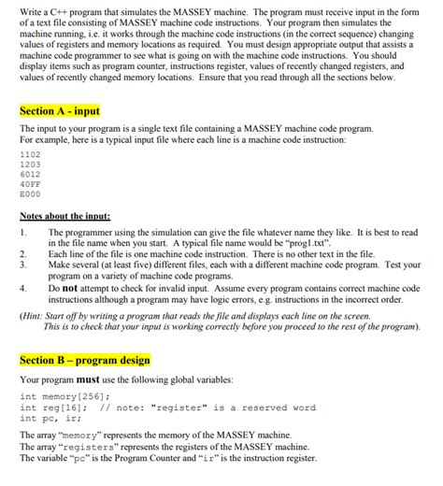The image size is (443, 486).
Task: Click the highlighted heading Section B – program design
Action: (x=84, y=360)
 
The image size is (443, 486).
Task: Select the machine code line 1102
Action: (x=30, y=152)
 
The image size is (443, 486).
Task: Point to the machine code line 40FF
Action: (x=30, y=185)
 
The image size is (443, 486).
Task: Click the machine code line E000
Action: (x=30, y=196)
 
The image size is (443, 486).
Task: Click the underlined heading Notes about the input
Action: (x=64, y=216)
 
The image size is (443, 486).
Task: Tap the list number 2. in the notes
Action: (x=22, y=253)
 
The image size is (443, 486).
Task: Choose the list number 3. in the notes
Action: (x=22, y=264)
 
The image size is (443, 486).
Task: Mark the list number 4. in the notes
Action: (x=22, y=289)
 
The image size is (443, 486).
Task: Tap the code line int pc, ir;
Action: (x=48, y=418)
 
